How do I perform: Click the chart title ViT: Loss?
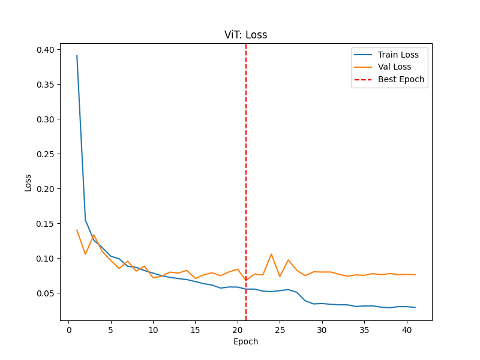246,35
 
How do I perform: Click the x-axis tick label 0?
68,330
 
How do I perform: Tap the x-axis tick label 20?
238,330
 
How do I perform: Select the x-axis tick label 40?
407,330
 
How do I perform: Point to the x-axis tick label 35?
364,330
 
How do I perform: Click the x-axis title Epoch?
246,342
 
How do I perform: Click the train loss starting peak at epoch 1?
77,56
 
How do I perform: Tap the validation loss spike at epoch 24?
271,254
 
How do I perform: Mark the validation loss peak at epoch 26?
288,260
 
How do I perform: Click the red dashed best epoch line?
246,180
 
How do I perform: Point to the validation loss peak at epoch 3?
94,235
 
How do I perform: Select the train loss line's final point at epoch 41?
415,307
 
